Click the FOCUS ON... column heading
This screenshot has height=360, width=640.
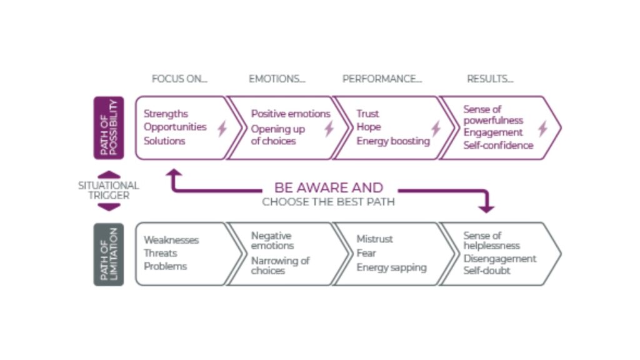179,79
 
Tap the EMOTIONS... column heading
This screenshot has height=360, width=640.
277,79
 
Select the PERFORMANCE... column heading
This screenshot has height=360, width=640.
382,79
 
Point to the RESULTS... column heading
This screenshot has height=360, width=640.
490,79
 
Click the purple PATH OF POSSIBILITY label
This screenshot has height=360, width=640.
109,127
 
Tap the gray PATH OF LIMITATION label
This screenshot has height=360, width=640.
109,254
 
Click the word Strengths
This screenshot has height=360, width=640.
166,114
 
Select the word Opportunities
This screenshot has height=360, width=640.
175,127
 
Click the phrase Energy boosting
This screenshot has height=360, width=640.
393,141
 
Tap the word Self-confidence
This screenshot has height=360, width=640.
498,145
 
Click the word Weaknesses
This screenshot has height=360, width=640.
171,240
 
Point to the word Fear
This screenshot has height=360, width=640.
366,253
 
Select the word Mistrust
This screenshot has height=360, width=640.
375,239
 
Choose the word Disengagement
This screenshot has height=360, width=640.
499,259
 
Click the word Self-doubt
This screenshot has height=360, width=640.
487,271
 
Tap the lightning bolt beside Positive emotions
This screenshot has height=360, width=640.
329,129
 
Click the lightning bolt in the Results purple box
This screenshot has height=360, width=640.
542,128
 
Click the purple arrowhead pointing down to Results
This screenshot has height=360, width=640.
486,208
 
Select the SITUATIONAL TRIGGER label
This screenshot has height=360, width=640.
109,191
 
